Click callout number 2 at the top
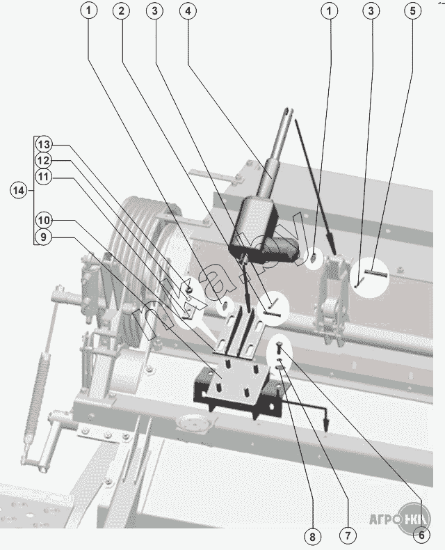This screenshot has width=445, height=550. pyautogui.click(x=122, y=10)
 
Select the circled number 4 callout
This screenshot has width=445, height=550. pyautogui.click(x=186, y=10)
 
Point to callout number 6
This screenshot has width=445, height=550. pyautogui.click(x=420, y=535)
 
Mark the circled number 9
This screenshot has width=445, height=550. pyautogui.click(x=44, y=237)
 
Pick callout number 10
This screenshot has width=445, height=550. pyautogui.click(x=44, y=220)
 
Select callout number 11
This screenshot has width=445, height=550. pyautogui.click(x=44, y=177)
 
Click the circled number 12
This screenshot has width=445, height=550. pyautogui.click(x=44, y=160)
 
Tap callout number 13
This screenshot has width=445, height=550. pyautogui.click(x=44, y=145)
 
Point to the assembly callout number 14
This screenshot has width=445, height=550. pyautogui.click(x=19, y=189)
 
